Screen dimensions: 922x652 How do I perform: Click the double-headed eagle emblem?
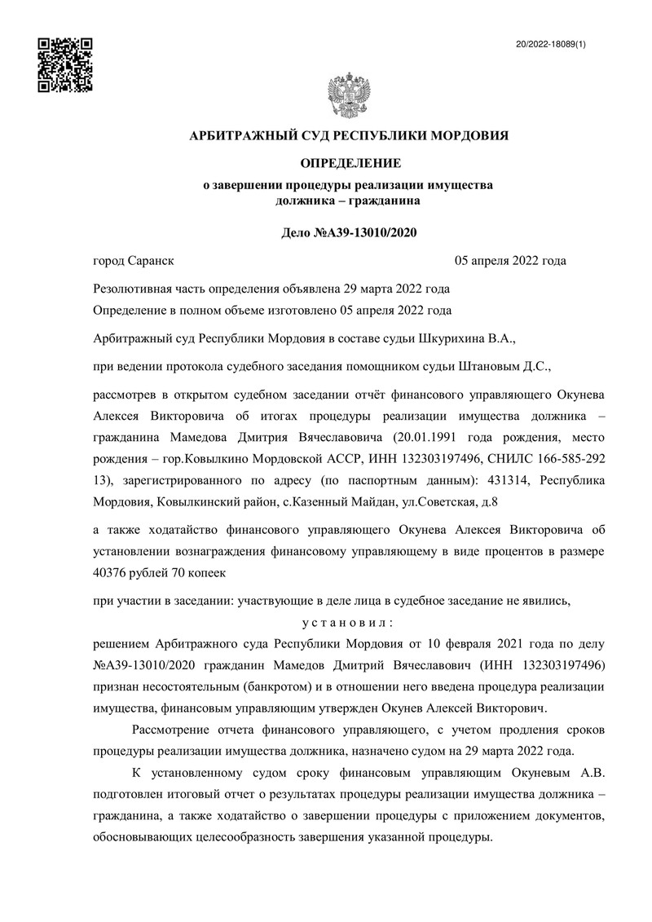(348, 97)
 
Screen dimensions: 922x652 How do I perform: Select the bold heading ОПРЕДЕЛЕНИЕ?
(348, 163)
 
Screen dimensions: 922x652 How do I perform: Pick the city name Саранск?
(152, 261)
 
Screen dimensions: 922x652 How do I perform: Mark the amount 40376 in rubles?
(115, 572)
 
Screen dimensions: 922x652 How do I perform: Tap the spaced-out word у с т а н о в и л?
(348, 622)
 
